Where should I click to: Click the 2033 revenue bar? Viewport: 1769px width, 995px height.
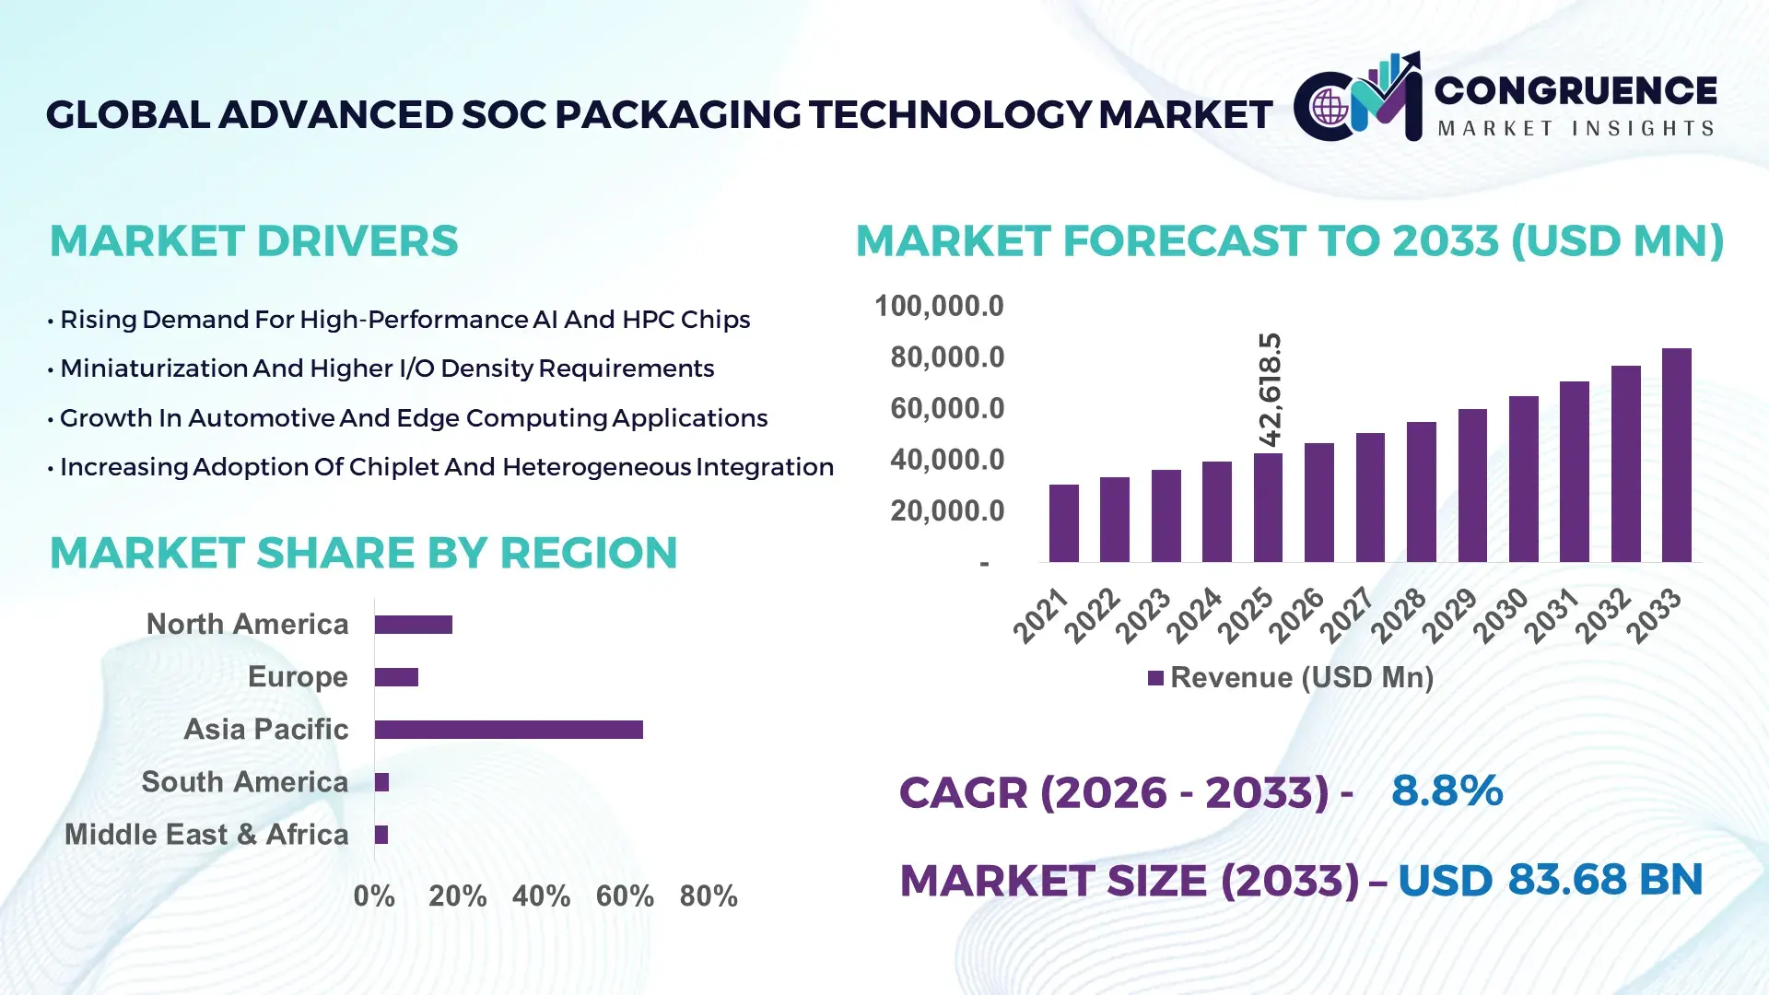(1676, 456)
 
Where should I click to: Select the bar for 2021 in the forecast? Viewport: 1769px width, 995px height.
(1063, 523)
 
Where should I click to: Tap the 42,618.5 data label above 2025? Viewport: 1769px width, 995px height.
(1270, 390)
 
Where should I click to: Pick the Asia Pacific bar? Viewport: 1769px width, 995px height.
(509, 730)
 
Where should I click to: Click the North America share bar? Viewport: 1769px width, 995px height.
(413, 625)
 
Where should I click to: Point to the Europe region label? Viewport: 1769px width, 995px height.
(298, 677)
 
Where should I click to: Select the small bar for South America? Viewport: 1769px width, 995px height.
(381, 782)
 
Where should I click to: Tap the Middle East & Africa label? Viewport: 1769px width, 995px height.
(206, 835)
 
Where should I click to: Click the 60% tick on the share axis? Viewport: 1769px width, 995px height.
(625, 895)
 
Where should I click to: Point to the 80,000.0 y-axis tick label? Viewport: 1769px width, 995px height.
(946, 357)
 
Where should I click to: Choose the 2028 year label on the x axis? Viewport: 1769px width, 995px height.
(1399, 615)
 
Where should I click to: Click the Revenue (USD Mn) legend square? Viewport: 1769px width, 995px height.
(1155, 678)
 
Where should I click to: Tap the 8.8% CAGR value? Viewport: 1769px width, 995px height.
(1447, 790)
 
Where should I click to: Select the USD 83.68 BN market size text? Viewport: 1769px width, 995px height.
(1550, 880)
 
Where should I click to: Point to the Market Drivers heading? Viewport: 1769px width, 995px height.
(253, 241)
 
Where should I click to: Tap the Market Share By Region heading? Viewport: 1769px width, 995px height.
(363, 553)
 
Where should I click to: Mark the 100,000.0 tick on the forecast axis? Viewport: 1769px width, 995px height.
(938, 306)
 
